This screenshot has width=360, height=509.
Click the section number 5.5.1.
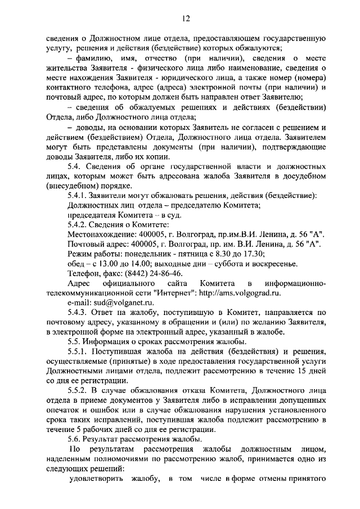78,352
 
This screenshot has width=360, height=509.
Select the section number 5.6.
74,438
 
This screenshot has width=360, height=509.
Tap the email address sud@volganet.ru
106,302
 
